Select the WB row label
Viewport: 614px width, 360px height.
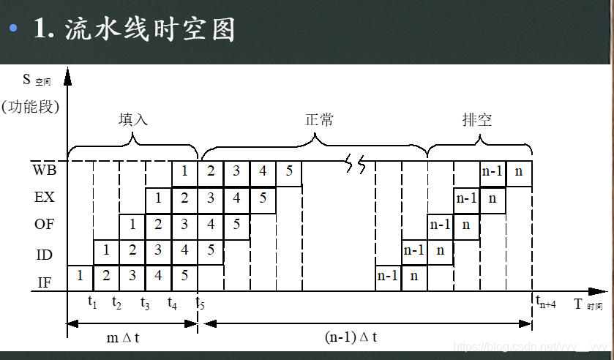[x=44, y=170]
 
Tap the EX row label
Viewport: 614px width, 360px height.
[x=44, y=198]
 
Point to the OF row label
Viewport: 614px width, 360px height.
[x=44, y=225]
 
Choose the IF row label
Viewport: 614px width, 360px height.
[x=44, y=280]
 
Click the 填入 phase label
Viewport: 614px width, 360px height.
[x=133, y=119]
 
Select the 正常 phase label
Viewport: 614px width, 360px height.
[x=319, y=119]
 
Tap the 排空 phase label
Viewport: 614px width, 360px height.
[x=477, y=119]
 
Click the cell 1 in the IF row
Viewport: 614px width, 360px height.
[x=81, y=277]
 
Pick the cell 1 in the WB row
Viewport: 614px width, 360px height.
[x=185, y=171]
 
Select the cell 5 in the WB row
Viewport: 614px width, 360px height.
[x=289, y=171]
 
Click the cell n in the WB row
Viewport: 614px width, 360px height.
[x=519, y=171]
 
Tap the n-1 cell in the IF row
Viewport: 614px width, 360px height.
[x=388, y=277]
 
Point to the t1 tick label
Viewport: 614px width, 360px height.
[x=92, y=302]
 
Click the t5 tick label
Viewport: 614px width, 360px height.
[x=200, y=302]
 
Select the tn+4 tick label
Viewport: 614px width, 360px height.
[x=546, y=302]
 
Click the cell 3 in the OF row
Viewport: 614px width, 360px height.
[x=185, y=224]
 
